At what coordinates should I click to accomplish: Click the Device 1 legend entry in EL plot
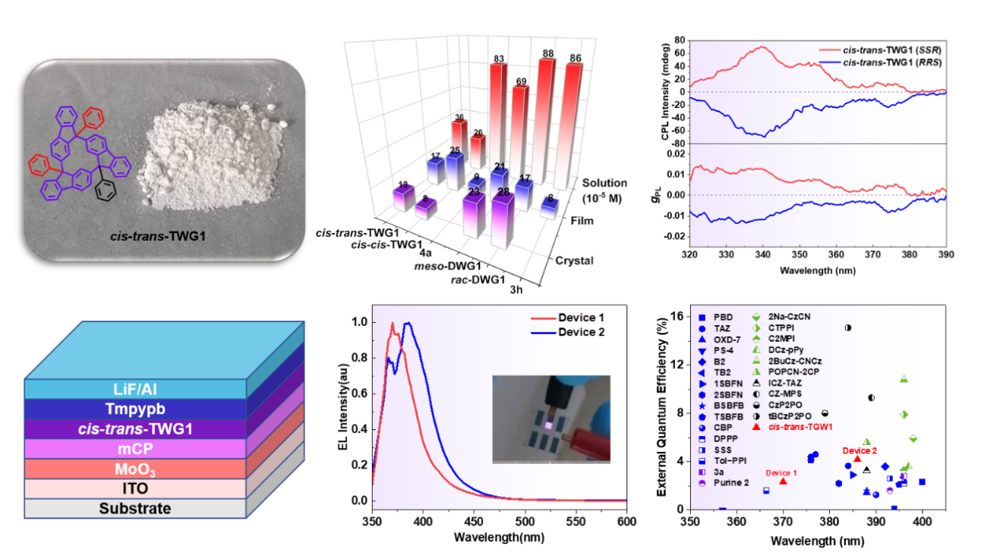(581, 317)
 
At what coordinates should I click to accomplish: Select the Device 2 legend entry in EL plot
(581, 331)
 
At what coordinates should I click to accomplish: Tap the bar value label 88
(546, 54)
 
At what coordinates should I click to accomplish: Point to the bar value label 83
(498, 58)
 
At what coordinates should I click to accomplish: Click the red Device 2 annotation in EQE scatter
(860, 450)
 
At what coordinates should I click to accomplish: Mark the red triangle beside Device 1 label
(783, 481)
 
